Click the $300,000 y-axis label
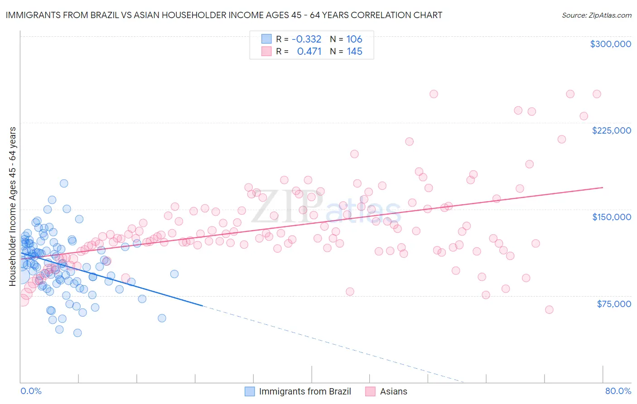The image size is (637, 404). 610,44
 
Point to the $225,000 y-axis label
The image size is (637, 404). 611,130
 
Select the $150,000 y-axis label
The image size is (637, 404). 611,217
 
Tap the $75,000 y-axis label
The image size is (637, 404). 614,304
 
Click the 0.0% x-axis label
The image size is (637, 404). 31,391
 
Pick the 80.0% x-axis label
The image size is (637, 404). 618,391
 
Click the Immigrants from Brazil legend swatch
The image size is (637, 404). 250,391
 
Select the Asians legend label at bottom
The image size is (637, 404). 393,391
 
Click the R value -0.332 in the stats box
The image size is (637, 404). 306,39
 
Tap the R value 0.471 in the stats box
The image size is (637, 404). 309,52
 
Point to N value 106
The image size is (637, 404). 354,39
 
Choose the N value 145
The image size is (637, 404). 354,52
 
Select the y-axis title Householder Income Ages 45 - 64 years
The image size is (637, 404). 12,206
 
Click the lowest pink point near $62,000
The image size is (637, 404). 549,310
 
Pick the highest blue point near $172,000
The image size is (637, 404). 64,183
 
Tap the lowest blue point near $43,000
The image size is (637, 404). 77,333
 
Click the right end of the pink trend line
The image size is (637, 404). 603,187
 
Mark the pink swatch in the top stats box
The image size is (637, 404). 266,52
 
